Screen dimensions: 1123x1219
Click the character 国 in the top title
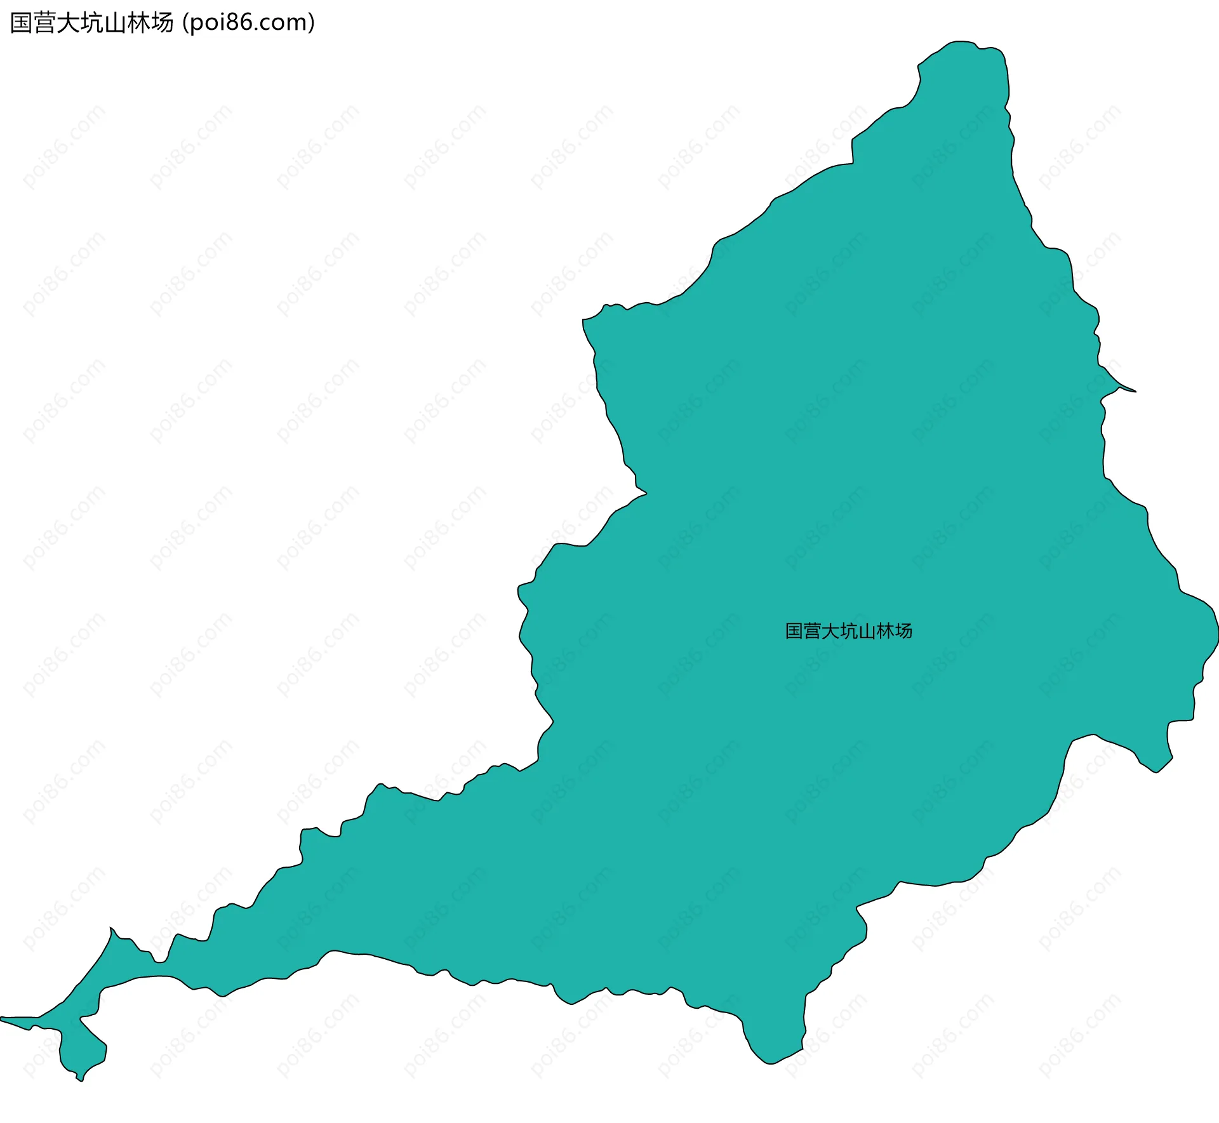pos(22,23)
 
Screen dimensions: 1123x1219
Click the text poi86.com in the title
pos(248,23)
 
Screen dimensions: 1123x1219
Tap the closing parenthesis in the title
pos(311,23)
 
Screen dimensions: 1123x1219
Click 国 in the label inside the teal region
pos(794,631)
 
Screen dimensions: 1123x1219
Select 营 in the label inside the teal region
pos(813,631)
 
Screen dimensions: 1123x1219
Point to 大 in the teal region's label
pos(831,631)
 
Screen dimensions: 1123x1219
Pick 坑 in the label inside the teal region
pos(849,631)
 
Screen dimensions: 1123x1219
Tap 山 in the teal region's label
pos(867,631)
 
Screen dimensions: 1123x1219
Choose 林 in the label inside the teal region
pos(886,631)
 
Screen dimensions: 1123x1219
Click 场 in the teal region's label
pos(903,631)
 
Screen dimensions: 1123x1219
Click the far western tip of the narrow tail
pos(3,1020)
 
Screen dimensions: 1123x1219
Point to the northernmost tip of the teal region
pos(962,43)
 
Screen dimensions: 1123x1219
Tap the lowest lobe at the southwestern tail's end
pos(81,1078)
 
